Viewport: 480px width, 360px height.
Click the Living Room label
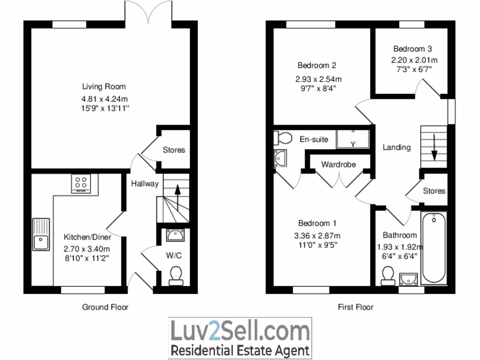[x=104, y=86]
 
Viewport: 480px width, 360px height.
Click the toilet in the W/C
[x=176, y=275]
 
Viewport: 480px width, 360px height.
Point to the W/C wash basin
[x=176, y=234]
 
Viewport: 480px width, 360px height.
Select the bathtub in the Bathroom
[x=434, y=248]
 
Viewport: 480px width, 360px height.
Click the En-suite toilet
[x=283, y=138]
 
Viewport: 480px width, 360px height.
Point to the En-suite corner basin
[x=280, y=158]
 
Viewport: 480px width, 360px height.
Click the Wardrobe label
[x=338, y=165]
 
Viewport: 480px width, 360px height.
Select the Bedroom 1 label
[x=317, y=223]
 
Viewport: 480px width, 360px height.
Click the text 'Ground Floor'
[x=105, y=307]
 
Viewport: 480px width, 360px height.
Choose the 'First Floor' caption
[x=356, y=307]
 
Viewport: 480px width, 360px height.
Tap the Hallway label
[x=145, y=184]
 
